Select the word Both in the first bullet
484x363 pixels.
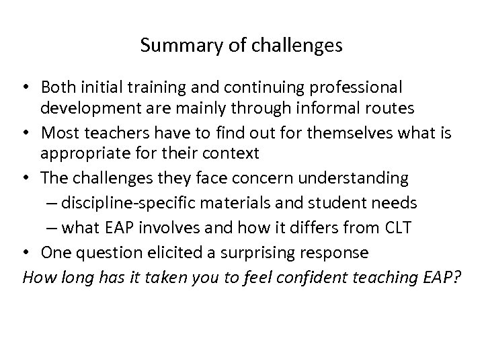pos(56,88)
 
